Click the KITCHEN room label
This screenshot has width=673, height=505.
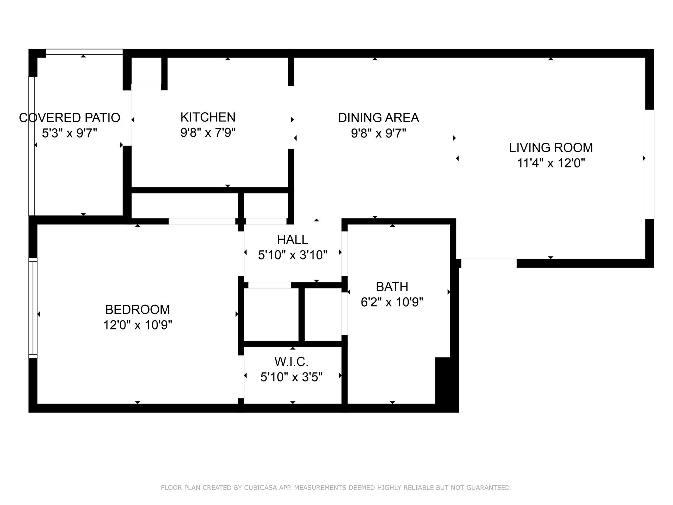point(208,117)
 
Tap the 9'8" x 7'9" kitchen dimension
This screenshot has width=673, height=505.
point(208,133)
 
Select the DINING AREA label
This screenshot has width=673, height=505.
point(378,118)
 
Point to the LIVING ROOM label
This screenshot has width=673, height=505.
point(551,148)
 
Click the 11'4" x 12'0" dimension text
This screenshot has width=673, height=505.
point(551,163)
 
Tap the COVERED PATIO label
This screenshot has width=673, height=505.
point(70,118)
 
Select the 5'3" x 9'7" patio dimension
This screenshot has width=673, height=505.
point(70,133)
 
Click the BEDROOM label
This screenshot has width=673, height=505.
point(137,310)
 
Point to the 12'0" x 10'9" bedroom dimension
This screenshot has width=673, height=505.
point(137,325)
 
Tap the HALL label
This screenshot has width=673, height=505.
point(292,240)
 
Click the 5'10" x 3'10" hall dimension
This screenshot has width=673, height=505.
point(292,255)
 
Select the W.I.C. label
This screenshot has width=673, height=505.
point(291,362)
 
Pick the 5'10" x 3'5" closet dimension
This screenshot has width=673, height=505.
point(291,377)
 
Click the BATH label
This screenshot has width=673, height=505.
point(392,287)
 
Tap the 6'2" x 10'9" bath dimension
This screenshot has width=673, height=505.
point(392,302)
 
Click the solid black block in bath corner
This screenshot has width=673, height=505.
point(446,381)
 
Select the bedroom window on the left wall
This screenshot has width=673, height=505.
point(33,308)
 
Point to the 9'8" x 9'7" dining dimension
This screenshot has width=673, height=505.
point(378,133)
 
